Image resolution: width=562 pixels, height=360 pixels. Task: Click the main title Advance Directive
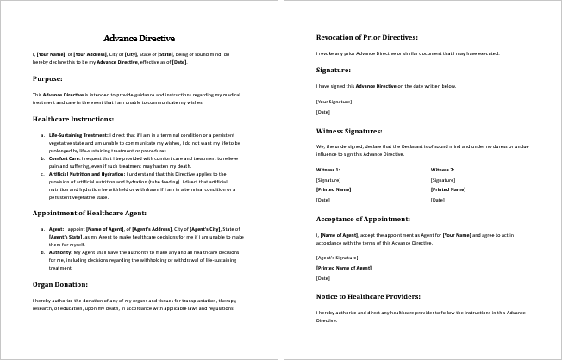[x=139, y=38]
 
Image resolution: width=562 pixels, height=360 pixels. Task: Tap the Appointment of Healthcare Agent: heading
[x=90, y=212]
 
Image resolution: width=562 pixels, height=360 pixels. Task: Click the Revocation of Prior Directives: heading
[x=368, y=38]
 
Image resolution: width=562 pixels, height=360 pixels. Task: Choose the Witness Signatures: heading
[x=349, y=131]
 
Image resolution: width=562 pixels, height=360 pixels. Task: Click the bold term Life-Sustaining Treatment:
[x=78, y=135]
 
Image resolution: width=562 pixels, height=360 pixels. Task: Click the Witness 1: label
[x=328, y=170]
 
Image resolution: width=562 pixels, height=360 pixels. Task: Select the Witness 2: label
[x=442, y=170]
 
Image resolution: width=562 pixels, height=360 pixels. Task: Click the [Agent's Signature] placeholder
[x=336, y=258]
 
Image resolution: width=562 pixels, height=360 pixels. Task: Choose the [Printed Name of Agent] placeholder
[x=343, y=268]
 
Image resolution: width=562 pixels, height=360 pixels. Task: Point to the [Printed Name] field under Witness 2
[x=448, y=189]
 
